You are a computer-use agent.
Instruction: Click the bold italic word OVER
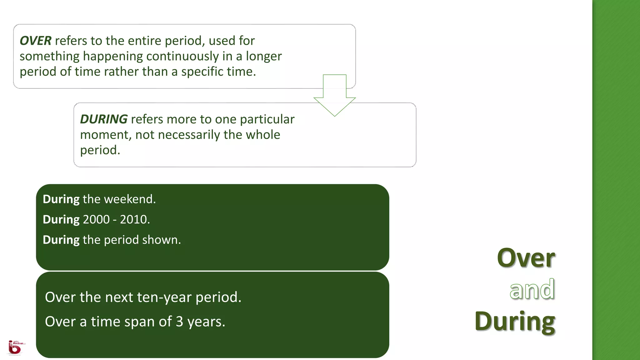pyautogui.click(x=35, y=41)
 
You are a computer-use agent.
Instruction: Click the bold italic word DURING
pyautogui.click(x=103, y=119)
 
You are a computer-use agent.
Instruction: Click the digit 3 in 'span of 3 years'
pyautogui.click(x=179, y=322)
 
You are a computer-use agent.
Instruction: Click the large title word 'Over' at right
pyautogui.click(x=526, y=258)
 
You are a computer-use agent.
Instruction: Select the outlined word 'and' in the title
pyautogui.click(x=532, y=290)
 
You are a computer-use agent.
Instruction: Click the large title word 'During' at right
pyautogui.click(x=515, y=322)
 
